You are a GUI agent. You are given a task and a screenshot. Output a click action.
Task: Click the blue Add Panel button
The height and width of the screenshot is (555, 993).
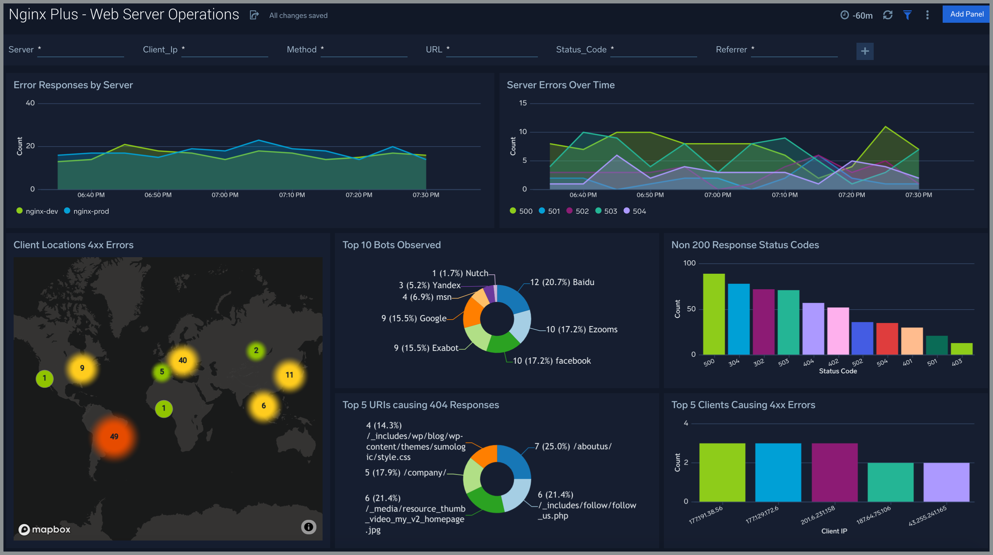point(966,14)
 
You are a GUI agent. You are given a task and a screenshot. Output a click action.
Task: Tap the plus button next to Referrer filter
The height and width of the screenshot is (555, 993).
point(865,51)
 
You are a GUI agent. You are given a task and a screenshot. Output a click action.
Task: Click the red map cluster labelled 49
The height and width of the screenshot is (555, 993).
point(114,437)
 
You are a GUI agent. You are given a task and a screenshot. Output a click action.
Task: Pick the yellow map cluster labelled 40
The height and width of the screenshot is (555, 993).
point(183,360)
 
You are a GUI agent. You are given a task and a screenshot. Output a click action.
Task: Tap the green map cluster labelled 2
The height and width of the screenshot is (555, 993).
point(256,350)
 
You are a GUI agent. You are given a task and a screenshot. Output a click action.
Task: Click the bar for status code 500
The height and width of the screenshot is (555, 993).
point(714,314)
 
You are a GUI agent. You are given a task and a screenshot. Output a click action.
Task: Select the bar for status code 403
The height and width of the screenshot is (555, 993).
point(961,349)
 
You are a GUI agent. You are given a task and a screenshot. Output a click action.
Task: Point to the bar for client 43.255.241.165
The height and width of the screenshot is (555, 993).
point(946,482)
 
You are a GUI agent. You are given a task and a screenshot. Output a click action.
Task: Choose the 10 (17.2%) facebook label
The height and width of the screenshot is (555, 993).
point(552,361)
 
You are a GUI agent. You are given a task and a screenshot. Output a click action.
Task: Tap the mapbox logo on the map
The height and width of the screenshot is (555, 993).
point(45,529)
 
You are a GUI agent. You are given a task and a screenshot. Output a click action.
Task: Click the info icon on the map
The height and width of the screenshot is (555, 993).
point(308,527)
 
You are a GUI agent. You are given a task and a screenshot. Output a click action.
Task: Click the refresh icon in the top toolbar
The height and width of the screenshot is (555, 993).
point(888,15)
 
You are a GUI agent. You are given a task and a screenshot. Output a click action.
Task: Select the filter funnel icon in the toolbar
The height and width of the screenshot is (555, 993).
point(907,15)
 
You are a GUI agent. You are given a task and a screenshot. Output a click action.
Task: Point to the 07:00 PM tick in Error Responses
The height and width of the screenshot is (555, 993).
point(225,195)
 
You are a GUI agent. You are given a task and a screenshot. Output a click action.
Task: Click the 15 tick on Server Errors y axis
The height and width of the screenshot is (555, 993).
point(522,103)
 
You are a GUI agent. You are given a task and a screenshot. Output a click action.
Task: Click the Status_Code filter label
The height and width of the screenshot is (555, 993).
point(581,50)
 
